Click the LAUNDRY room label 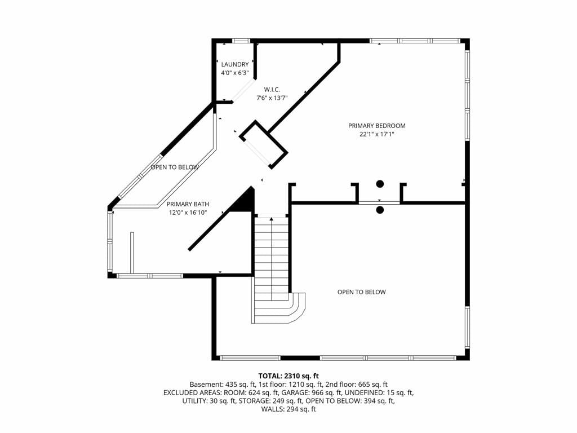[x=235, y=64]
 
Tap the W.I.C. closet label [x=272, y=90]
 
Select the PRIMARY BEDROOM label [x=377, y=126]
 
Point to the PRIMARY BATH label [x=188, y=204]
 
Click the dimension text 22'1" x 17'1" [x=377, y=134]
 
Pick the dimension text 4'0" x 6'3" [x=235, y=73]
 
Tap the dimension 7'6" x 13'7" [x=272, y=98]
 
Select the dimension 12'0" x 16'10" [x=188, y=213]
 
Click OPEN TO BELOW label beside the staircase [x=361, y=292]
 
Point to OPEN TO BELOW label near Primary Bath [x=175, y=167]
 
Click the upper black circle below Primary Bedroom [x=380, y=184]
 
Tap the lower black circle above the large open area [x=380, y=210]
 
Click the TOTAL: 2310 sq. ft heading [x=288, y=376]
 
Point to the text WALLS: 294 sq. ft [x=288, y=409]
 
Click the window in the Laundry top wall [x=241, y=41]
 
